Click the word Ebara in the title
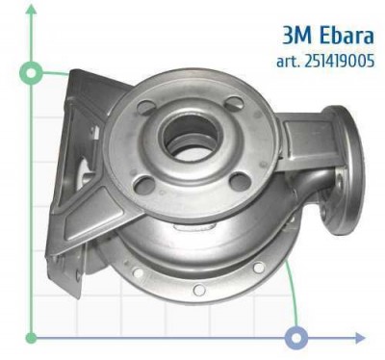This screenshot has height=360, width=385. click(x=341, y=36)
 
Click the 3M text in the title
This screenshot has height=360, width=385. click(x=296, y=36)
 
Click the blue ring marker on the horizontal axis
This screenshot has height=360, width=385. click(x=297, y=338)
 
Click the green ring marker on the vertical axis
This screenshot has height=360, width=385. click(x=32, y=73)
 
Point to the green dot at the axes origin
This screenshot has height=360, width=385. click(x=32, y=338)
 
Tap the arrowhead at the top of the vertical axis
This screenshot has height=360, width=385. click(x=32, y=9)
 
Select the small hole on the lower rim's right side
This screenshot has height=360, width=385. click(x=261, y=270)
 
